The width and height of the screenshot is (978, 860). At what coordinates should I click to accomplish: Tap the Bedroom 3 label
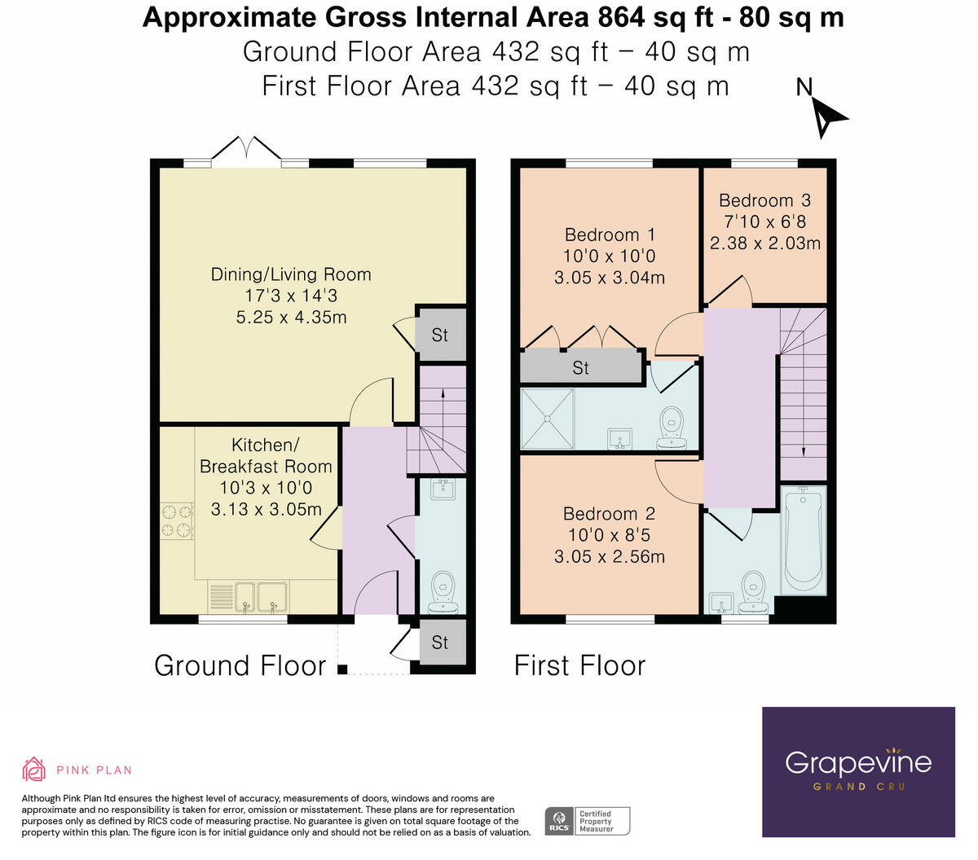pyautogui.click(x=764, y=200)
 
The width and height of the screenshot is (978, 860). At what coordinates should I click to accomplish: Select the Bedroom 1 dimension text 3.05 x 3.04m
pyautogui.click(x=609, y=278)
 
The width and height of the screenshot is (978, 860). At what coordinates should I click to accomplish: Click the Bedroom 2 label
pyautogui.click(x=609, y=514)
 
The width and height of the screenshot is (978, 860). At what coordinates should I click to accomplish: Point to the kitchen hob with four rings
pyautogui.click(x=177, y=521)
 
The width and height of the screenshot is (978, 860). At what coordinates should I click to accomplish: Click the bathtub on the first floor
pyautogui.click(x=804, y=540)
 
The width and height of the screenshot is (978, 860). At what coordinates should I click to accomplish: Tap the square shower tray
pyautogui.click(x=548, y=419)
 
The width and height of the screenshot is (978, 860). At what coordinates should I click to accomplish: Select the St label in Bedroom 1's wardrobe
pyautogui.click(x=580, y=368)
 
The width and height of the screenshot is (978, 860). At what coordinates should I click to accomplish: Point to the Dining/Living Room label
pyautogui.click(x=291, y=274)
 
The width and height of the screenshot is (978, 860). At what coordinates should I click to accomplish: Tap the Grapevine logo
pyautogui.click(x=858, y=772)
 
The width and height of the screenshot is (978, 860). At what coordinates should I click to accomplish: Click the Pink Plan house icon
pyautogui.click(x=33, y=769)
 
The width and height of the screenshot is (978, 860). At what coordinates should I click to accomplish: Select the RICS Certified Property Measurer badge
pyautogui.click(x=588, y=821)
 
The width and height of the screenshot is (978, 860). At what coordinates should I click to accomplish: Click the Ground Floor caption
pyautogui.click(x=240, y=665)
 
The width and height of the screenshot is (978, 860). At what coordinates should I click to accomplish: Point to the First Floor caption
pyautogui.click(x=579, y=665)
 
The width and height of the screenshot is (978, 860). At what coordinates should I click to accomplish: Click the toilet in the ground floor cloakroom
pyautogui.click(x=443, y=592)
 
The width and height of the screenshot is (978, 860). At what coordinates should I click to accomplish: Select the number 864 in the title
pyautogui.click(x=622, y=18)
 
